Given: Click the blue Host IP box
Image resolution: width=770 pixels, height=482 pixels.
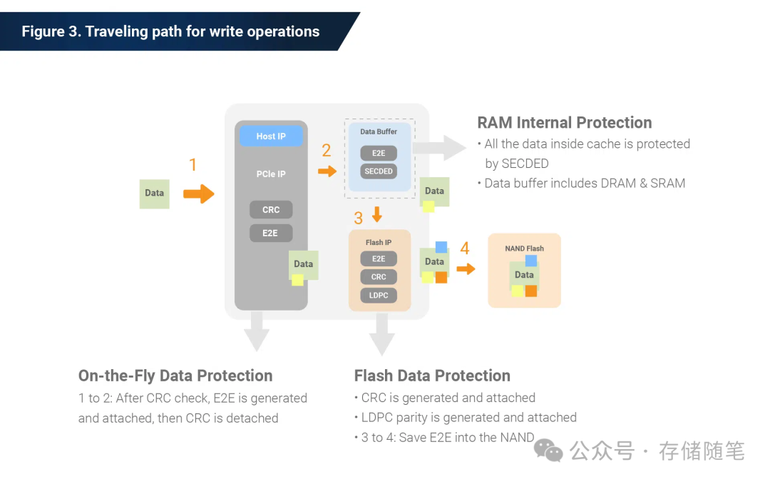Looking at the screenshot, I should (271, 136).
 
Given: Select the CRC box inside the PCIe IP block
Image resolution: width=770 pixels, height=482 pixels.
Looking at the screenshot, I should (271, 210).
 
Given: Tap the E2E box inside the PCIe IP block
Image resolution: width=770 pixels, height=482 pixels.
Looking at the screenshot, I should (270, 233).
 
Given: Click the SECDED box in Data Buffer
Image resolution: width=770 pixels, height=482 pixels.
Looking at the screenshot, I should (379, 171).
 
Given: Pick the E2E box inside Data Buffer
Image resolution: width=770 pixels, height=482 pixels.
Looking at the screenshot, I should (379, 153).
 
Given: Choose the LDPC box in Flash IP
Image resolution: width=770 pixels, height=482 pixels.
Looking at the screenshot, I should (379, 295).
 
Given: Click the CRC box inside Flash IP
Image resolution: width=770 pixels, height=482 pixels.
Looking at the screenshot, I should (379, 277).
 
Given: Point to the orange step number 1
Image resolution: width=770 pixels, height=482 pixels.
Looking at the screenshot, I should (192, 166).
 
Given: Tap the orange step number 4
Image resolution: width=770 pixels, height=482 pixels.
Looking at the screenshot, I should (465, 249).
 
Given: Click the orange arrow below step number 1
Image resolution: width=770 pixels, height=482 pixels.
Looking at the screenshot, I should (198, 194).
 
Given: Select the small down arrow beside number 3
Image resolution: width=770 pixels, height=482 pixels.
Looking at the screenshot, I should (377, 214).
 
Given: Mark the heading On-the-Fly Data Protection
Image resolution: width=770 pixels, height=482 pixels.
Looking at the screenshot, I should (175, 376).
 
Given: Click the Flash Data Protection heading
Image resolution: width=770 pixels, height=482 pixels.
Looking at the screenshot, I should (432, 376).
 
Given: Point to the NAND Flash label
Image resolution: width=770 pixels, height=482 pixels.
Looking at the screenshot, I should (524, 248).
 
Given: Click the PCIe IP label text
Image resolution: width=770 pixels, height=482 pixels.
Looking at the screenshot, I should (271, 174).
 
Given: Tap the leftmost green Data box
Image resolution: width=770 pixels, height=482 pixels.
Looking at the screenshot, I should (154, 194).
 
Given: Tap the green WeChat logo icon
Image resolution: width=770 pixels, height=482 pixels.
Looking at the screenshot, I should (548, 450).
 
